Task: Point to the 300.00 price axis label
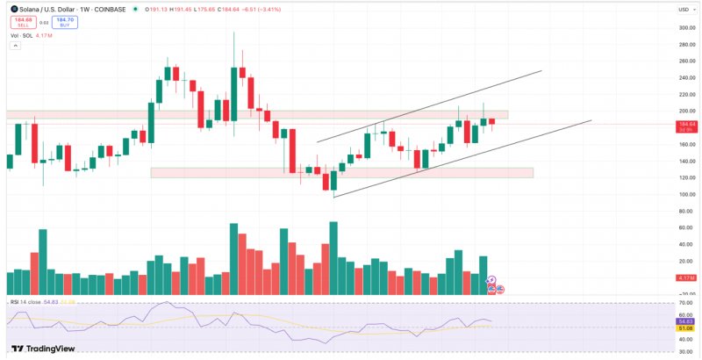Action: [687, 27]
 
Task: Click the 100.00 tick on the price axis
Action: [687, 195]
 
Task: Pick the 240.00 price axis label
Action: [687, 77]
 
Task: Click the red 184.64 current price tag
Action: [687, 126]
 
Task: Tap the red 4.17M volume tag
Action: [687, 278]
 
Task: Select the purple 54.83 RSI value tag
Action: [687, 322]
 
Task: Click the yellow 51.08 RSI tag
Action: [687, 328]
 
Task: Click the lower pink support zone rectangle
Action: [341, 172]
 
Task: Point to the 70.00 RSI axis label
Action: [687, 303]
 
